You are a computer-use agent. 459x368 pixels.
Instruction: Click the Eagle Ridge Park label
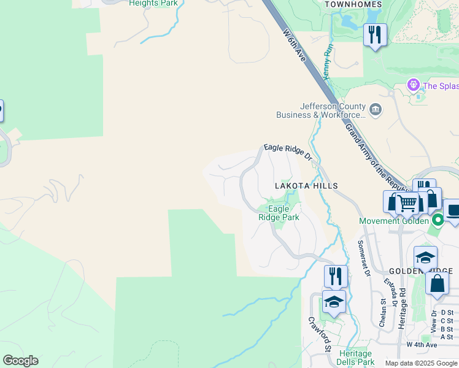(279, 213)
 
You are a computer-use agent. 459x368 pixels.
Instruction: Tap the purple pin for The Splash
(414, 85)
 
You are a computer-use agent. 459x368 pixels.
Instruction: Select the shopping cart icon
(407, 202)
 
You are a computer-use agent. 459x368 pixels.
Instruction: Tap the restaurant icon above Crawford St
(335, 275)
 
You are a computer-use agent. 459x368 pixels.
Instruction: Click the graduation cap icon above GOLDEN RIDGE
(425, 257)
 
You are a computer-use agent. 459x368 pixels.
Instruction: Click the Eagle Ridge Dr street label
(288, 152)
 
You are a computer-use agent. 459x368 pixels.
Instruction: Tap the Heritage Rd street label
(403, 309)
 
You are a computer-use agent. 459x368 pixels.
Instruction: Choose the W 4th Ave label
(422, 345)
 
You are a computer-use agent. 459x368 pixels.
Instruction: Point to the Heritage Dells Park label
(356, 358)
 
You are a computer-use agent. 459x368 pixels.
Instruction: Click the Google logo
(20, 361)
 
